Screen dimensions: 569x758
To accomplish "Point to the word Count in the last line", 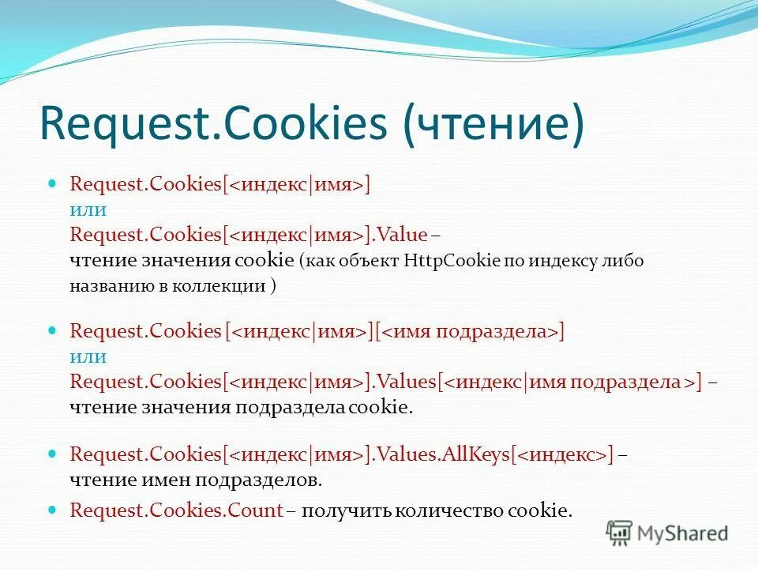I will coord(255,510).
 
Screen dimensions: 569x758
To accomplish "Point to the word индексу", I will coord(563,261).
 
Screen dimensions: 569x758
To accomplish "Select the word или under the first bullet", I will coord(88,209).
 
